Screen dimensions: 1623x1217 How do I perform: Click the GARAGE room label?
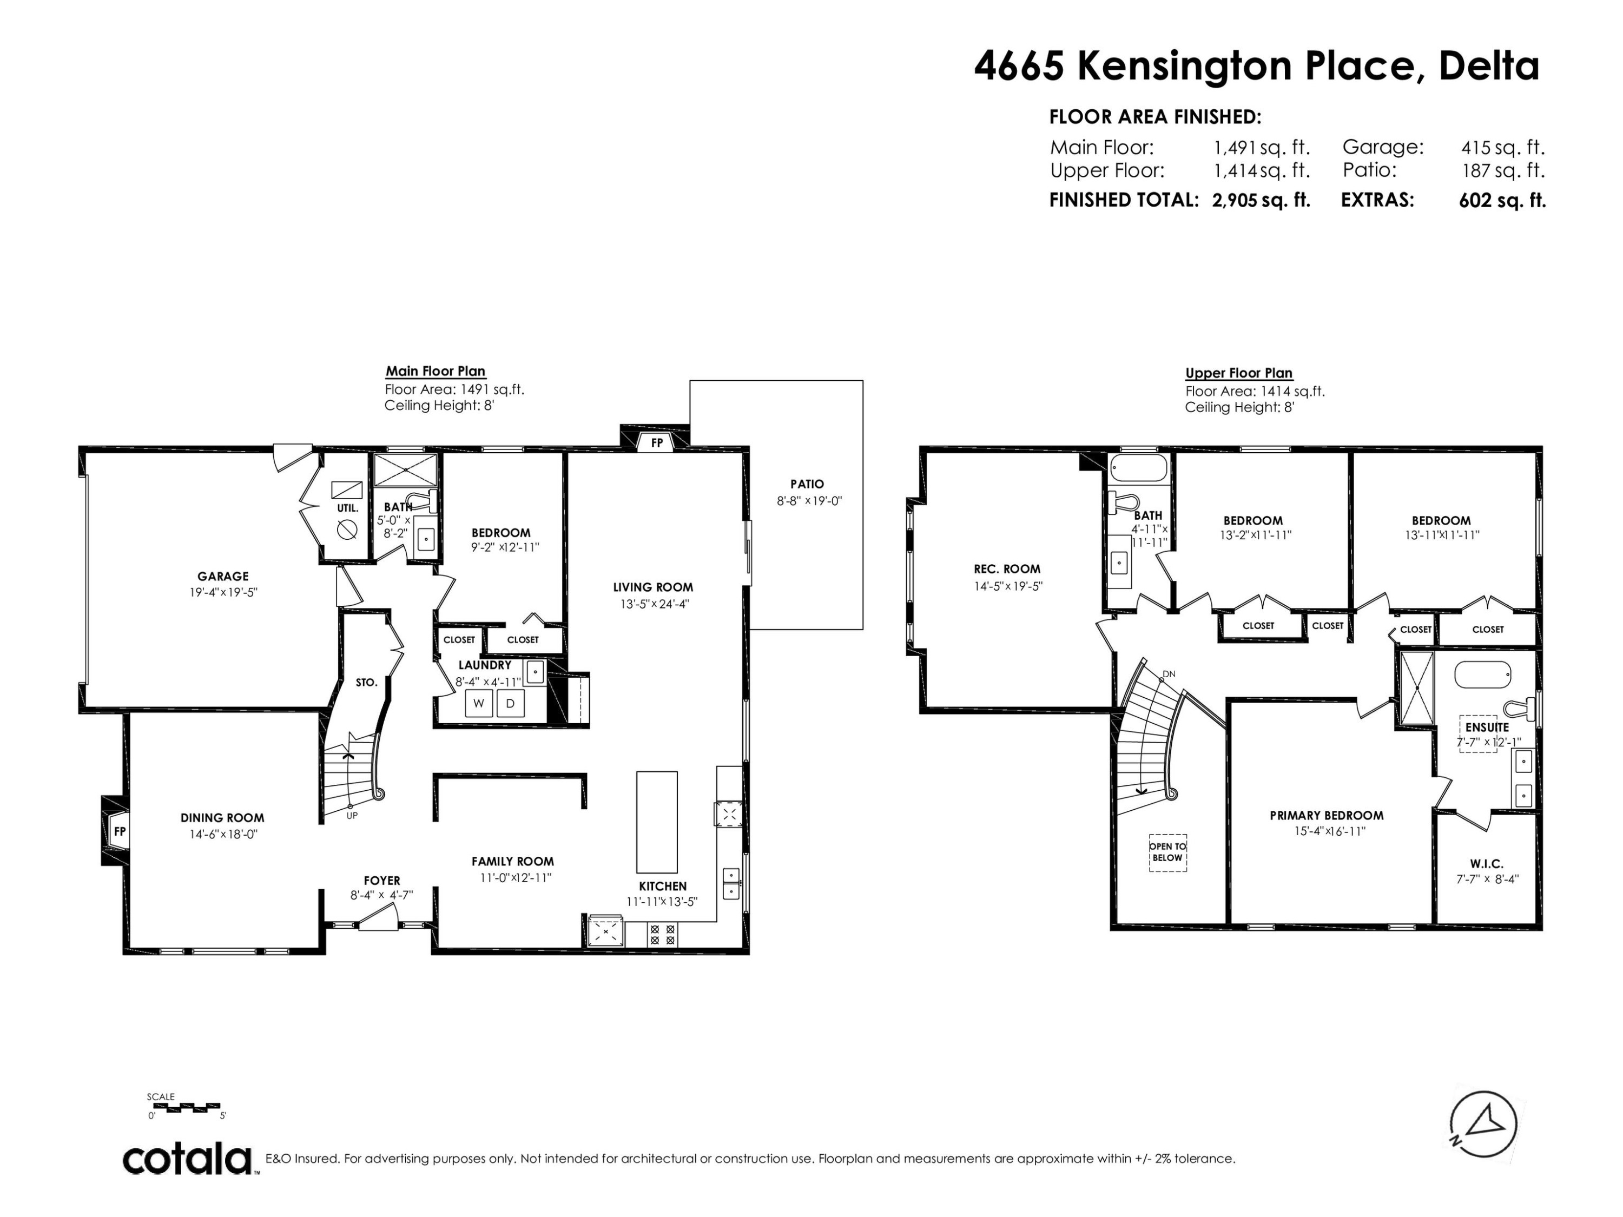(x=222, y=577)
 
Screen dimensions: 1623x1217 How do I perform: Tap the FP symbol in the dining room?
(x=120, y=831)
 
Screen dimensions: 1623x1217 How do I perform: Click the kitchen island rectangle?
(x=657, y=822)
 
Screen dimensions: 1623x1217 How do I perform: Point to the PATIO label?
(x=807, y=484)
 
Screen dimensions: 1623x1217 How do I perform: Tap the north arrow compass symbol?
(x=1483, y=1125)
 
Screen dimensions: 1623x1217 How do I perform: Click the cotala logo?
(x=187, y=1160)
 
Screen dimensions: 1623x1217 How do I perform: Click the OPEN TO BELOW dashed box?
(x=1167, y=852)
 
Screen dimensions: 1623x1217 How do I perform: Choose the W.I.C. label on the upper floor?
(x=1487, y=864)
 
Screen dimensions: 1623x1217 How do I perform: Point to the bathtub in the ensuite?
(x=1483, y=674)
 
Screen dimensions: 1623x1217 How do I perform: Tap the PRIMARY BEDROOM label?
(x=1327, y=815)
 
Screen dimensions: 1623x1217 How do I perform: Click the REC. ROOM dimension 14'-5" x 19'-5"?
(x=1007, y=586)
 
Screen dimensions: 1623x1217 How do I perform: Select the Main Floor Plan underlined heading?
(x=436, y=371)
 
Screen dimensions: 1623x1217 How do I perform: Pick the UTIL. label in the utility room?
(x=348, y=508)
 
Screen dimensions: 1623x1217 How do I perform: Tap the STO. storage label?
(x=366, y=682)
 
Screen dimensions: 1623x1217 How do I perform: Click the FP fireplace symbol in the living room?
(x=657, y=443)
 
